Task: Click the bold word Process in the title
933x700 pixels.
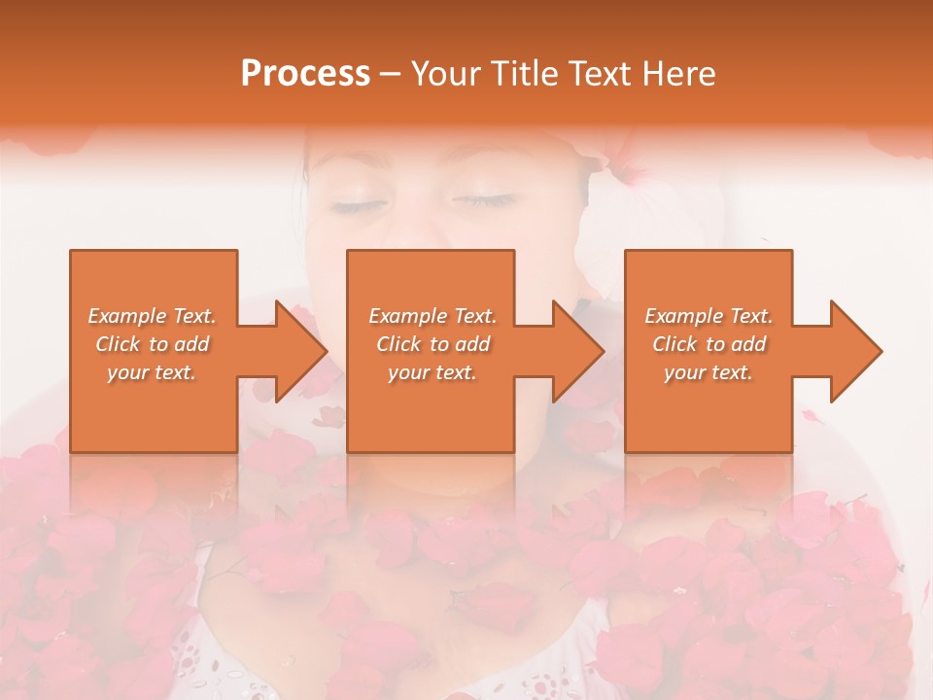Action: pos(305,73)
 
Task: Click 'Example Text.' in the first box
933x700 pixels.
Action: pos(153,316)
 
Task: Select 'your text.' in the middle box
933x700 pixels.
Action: pos(432,372)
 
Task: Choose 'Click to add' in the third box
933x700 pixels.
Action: pos(708,344)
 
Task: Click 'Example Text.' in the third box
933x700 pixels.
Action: pos(708,316)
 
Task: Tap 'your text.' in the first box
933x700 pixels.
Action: pos(153,372)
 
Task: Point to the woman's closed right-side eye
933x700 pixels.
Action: pos(483,201)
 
